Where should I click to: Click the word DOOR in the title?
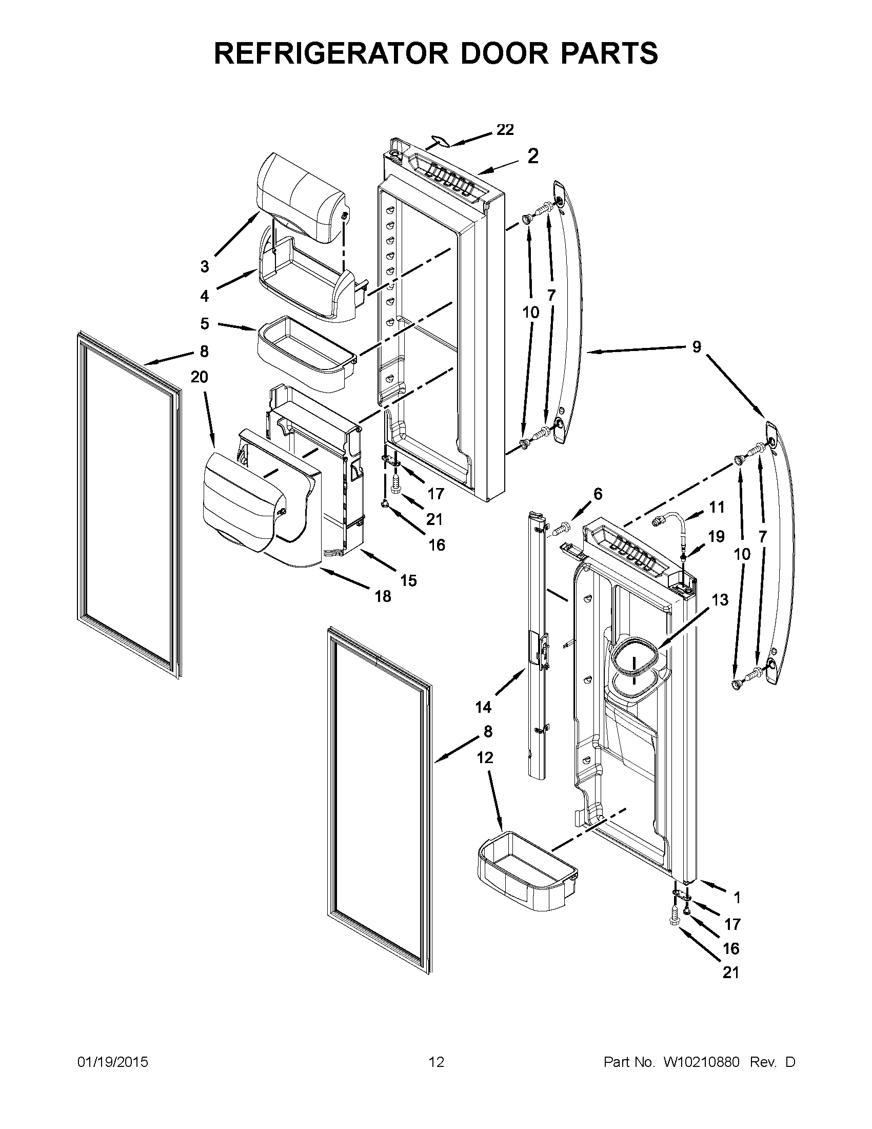[504, 53]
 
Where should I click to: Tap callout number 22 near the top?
[505, 130]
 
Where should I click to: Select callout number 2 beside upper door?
[532, 155]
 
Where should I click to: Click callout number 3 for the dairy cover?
[205, 267]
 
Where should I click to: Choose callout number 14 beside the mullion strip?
[483, 707]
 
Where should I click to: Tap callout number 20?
[199, 377]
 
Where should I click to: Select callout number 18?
[383, 596]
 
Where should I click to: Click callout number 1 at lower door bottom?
[737, 898]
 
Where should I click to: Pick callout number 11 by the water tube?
[717, 507]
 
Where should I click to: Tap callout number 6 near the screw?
[598, 494]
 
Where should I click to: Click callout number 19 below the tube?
[716, 537]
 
